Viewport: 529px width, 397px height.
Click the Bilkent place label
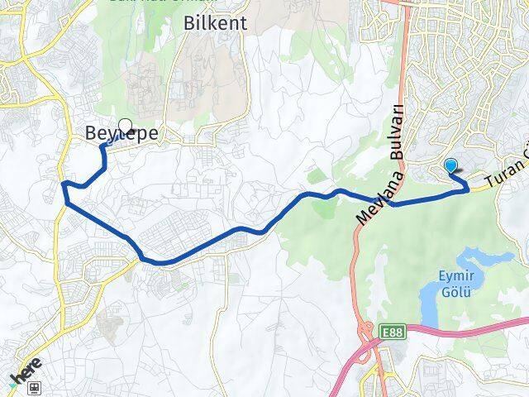[214, 24]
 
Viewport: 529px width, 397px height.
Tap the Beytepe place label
[122, 133]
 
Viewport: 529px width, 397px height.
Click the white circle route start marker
[126, 126]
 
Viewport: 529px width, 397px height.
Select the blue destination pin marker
[451, 165]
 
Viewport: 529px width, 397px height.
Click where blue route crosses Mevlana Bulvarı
[389, 203]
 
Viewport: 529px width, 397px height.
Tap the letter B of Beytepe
[92, 133]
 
